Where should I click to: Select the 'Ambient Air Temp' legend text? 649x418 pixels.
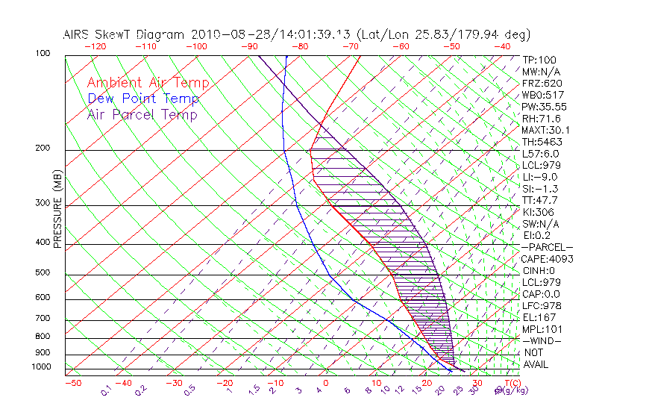(148, 83)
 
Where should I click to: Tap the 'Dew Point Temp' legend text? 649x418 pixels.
(143, 99)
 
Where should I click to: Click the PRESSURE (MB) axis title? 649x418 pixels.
(57, 208)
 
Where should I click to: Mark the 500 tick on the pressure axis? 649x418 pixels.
(43, 273)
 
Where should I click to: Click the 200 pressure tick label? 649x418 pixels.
(43, 149)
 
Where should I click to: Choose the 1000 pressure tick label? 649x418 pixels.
(41, 367)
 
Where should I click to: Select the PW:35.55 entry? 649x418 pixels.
(544, 107)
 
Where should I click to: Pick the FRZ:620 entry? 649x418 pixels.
(542, 84)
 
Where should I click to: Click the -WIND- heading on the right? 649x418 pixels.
(542, 340)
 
